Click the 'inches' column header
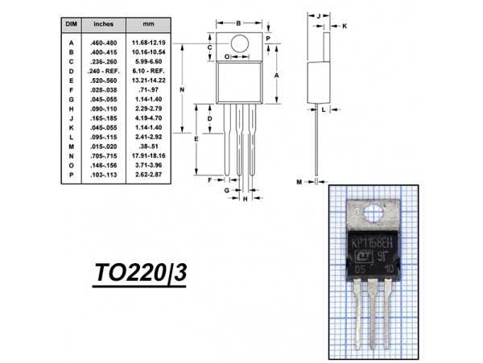103,25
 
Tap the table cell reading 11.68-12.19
150,42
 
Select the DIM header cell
70,25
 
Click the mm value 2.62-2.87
149,175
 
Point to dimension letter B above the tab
239,23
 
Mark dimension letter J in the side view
319,14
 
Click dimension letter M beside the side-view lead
298,183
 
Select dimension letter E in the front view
198,139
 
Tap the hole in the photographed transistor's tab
373,213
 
